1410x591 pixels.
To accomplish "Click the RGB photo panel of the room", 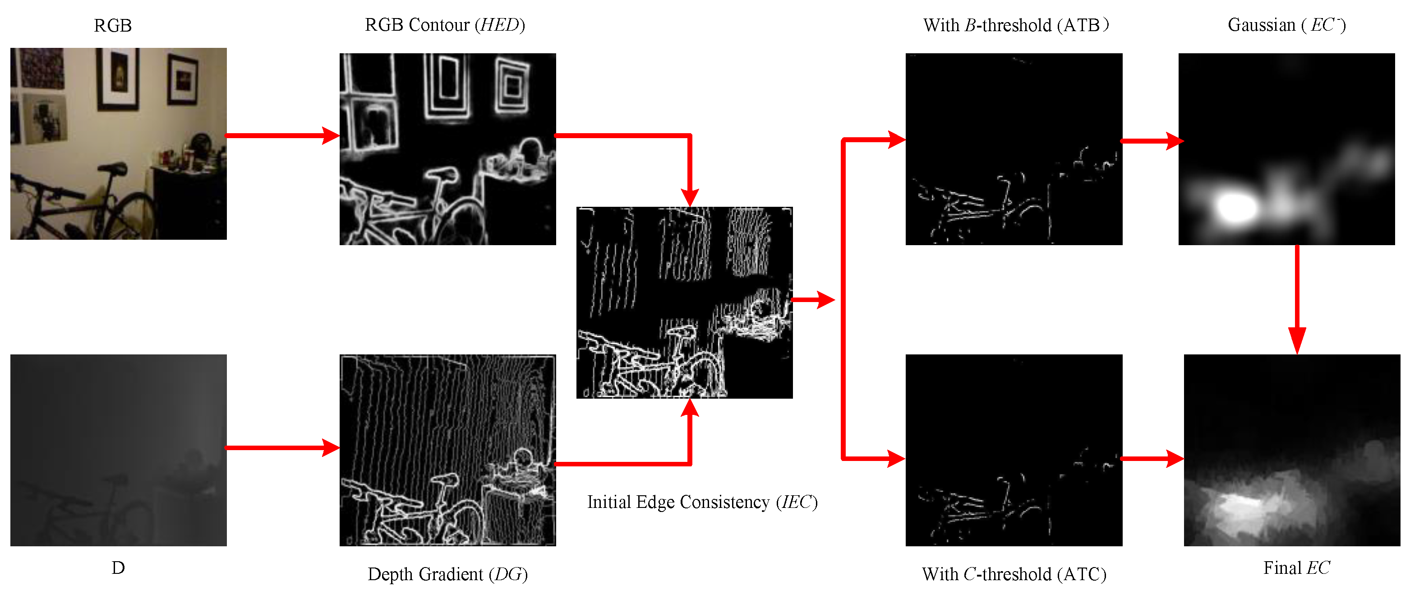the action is (x=118, y=144).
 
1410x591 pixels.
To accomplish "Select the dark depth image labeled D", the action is (x=118, y=450).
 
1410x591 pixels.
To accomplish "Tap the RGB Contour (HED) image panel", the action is (x=448, y=149).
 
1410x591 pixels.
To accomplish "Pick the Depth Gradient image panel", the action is (x=448, y=450).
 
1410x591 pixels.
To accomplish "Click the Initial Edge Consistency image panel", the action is (x=684, y=302).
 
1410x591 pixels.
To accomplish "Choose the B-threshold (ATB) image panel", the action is (x=1014, y=149).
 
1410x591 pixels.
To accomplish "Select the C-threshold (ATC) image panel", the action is (x=1014, y=450).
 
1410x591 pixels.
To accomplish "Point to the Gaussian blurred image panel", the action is (x=1286, y=149).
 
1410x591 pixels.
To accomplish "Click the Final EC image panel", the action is (x=1292, y=450).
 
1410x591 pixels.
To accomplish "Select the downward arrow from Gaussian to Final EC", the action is (x=1297, y=300).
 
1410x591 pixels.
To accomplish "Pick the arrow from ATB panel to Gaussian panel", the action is (x=1152, y=141).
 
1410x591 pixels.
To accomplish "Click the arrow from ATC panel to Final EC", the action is (x=1152, y=458).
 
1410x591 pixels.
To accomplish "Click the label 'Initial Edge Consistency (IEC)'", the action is (x=702, y=502).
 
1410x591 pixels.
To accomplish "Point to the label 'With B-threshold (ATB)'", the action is (x=1016, y=25).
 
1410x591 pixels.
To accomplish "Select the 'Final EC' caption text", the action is (x=1296, y=568).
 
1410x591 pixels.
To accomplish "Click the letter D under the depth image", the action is (x=118, y=568).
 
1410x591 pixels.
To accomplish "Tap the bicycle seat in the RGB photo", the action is (x=113, y=168).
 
